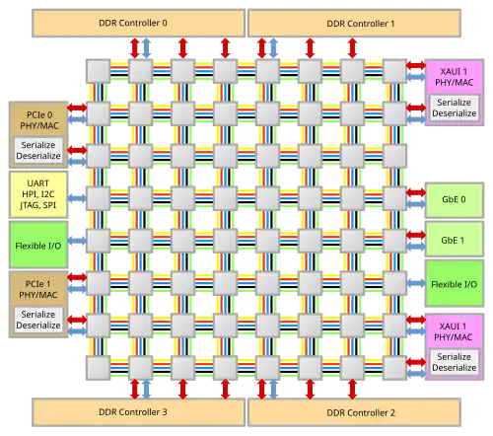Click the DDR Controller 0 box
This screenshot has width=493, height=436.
pyautogui.click(x=138, y=23)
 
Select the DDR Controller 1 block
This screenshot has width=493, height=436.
pyautogui.click(x=354, y=23)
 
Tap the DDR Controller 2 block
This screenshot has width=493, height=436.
pyautogui.click(x=354, y=412)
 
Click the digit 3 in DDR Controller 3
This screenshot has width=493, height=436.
pyautogui.click(x=165, y=412)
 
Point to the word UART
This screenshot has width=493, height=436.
pyautogui.click(x=38, y=183)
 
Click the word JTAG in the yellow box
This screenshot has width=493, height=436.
pyautogui.click(x=30, y=205)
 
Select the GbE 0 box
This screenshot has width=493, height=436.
pyautogui.click(x=455, y=199)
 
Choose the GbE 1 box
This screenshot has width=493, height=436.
pyautogui.click(x=455, y=239)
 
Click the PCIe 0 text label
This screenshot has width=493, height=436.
pyautogui.click(x=39, y=115)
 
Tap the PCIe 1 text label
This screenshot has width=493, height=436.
pyautogui.click(x=38, y=284)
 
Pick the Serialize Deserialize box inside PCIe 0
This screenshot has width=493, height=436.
pyautogui.click(x=38, y=150)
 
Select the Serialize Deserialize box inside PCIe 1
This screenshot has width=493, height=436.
pyautogui.click(x=38, y=320)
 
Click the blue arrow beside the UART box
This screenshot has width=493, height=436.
pyautogui.click(x=77, y=198)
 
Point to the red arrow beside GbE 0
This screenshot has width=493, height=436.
pyautogui.click(x=416, y=192)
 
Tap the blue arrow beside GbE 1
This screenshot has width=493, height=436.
pyautogui.click(x=416, y=247)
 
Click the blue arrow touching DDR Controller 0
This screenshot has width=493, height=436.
pyautogui.click(x=146, y=48)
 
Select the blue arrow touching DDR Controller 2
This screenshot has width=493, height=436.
pyautogui.click(x=273, y=390)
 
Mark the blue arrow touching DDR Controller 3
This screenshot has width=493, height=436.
pyautogui.click(x=146, y=390)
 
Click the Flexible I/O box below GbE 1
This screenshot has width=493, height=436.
pyautogui.click(x=455, y=283)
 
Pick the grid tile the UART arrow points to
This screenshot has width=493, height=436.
pyautogui.click(x=98, y=198)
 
